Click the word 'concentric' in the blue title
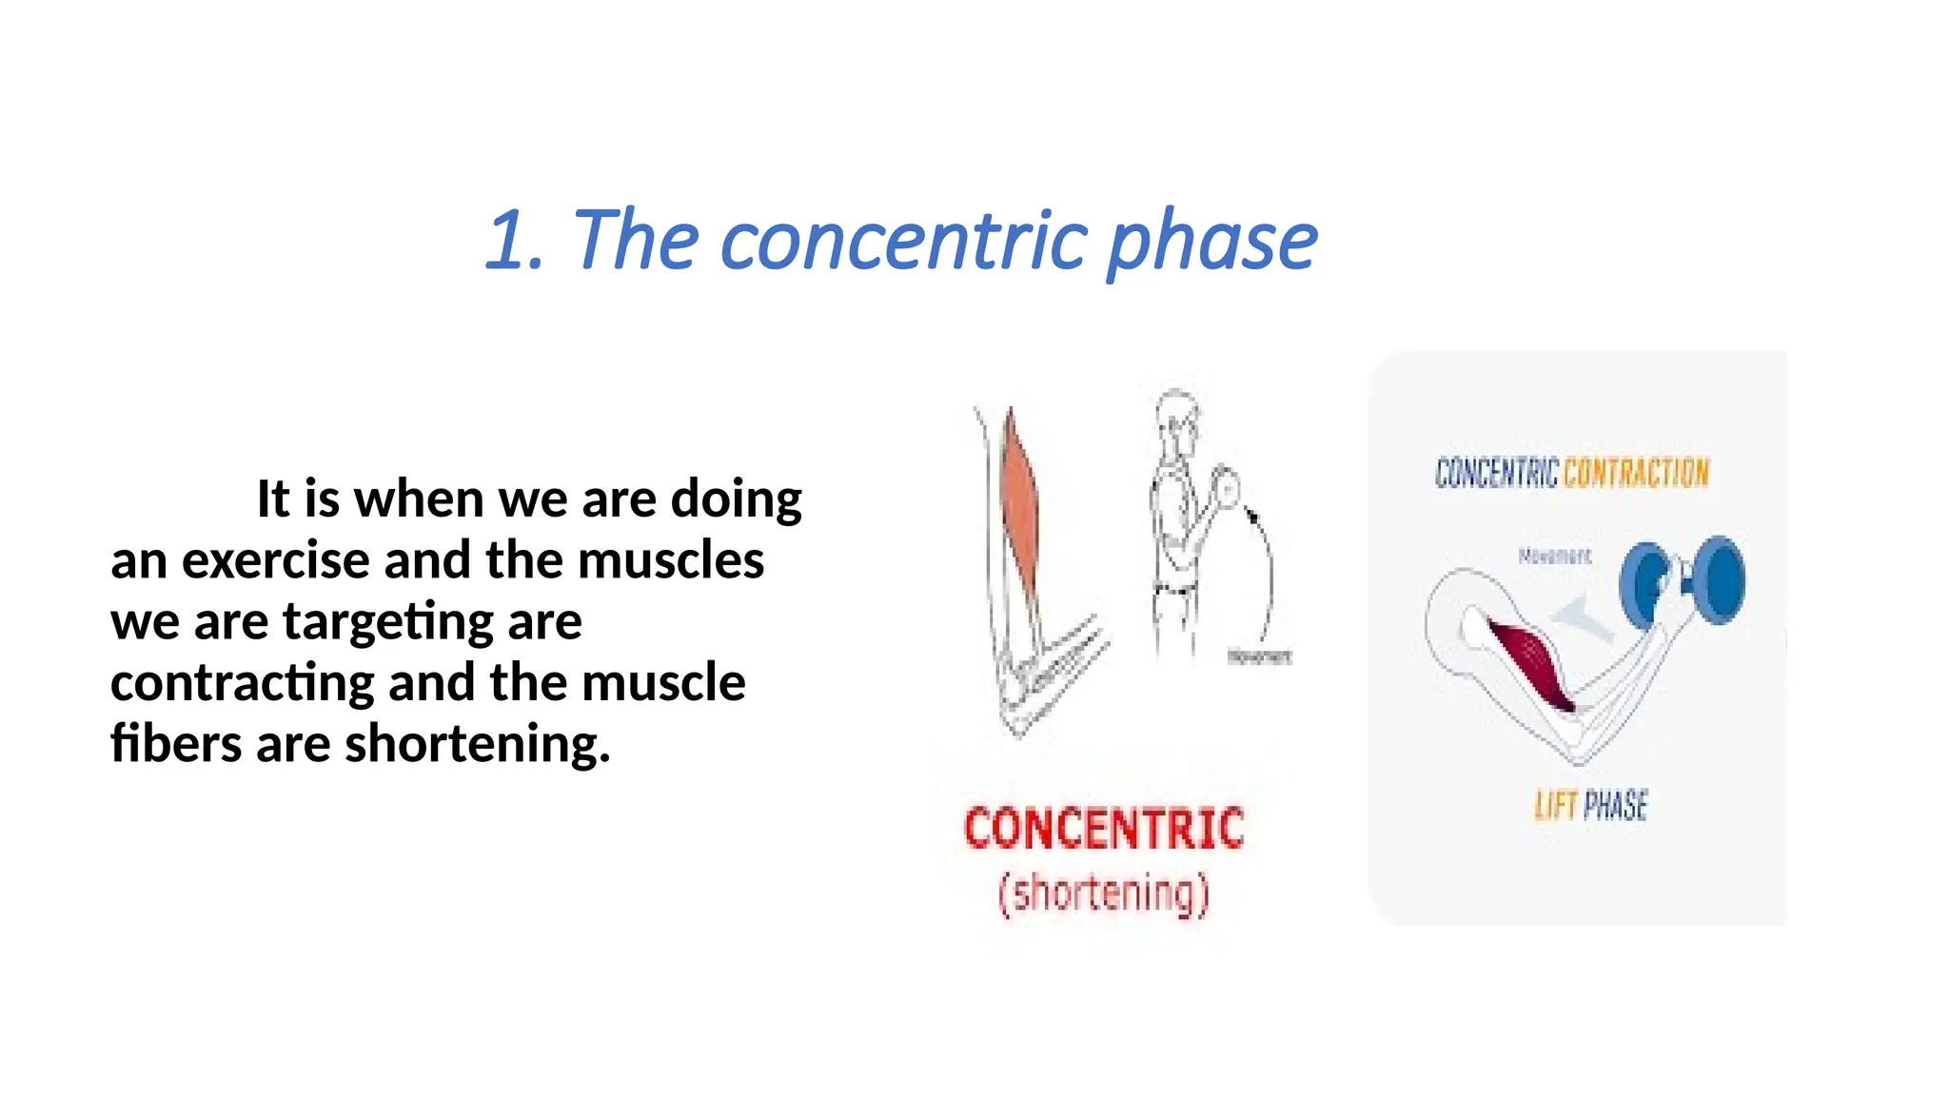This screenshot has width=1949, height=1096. (x=904, y=240)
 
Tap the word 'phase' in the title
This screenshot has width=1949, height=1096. (x=1212, y=242)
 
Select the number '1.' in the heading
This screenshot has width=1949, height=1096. (x=515, y=240)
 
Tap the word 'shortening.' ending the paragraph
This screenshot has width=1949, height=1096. (x=477, y=744)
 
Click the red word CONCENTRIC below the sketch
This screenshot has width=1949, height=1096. (x=1104, y=828)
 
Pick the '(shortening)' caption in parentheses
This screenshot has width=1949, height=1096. (x=1103, y=894)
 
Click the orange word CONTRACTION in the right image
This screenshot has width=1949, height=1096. (x=1636, y=473)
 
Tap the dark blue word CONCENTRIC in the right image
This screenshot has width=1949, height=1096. (x=1496, y=473)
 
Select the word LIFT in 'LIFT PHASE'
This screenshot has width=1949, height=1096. (x=1555, y=806)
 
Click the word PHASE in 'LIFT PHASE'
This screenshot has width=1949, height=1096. (x=1616, y=806)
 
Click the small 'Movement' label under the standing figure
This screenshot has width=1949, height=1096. (x=1258, y=656)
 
